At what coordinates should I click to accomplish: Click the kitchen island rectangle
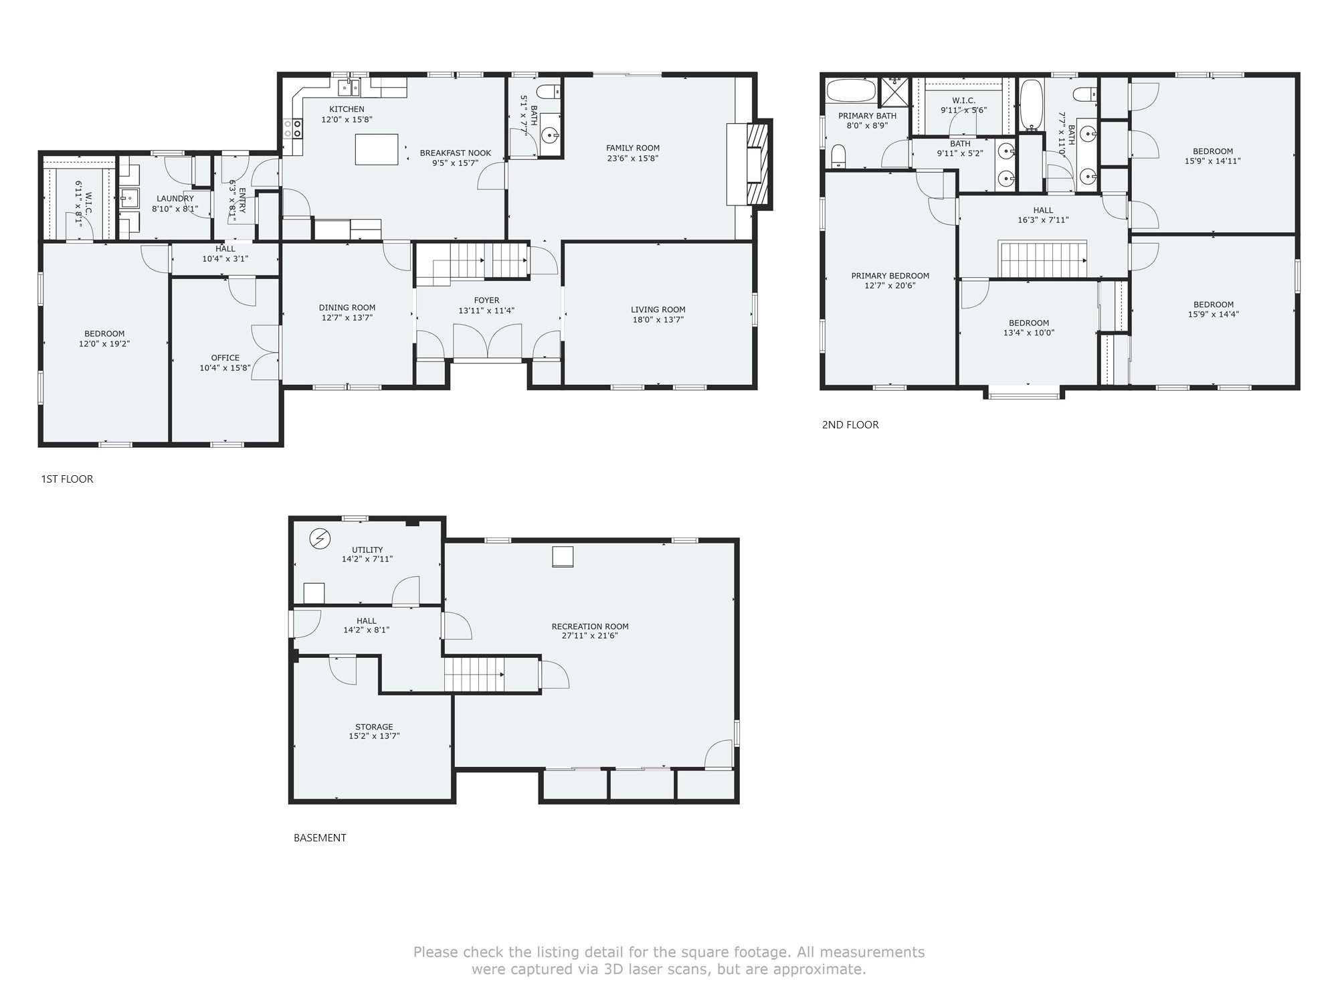377,149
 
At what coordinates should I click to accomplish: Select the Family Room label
633,148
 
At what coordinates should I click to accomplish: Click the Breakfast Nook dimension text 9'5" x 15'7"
455,163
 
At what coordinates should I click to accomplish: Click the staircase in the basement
474,673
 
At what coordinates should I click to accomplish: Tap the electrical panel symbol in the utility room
320,537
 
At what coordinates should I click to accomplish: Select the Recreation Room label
590,626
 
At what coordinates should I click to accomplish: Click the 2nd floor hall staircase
1042,258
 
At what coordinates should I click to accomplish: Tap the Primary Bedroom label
890,276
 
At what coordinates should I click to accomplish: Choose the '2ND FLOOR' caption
850,424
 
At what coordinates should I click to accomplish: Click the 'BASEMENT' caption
320,837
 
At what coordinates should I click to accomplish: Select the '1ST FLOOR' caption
67,479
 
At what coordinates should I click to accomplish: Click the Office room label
225,358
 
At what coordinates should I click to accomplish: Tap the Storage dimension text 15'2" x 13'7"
374,736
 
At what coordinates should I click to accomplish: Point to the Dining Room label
347,308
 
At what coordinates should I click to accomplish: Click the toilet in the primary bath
839,157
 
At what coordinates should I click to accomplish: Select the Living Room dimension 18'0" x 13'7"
658,319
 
